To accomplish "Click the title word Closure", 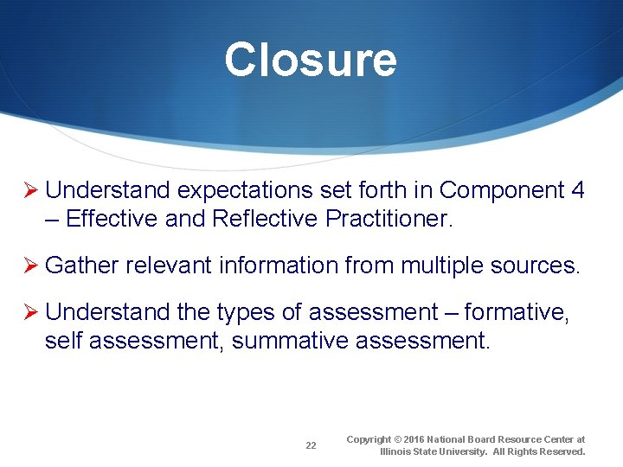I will point(311,61).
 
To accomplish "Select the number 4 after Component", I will point(578,190).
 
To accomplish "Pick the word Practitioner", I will point(389,219).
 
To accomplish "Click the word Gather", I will point(82,265).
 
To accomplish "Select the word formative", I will point(517,312).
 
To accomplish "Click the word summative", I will point(285,341).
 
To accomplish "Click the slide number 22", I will point(311,446).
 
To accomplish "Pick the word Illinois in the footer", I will point(397,452).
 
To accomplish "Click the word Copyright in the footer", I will point(369,440).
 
